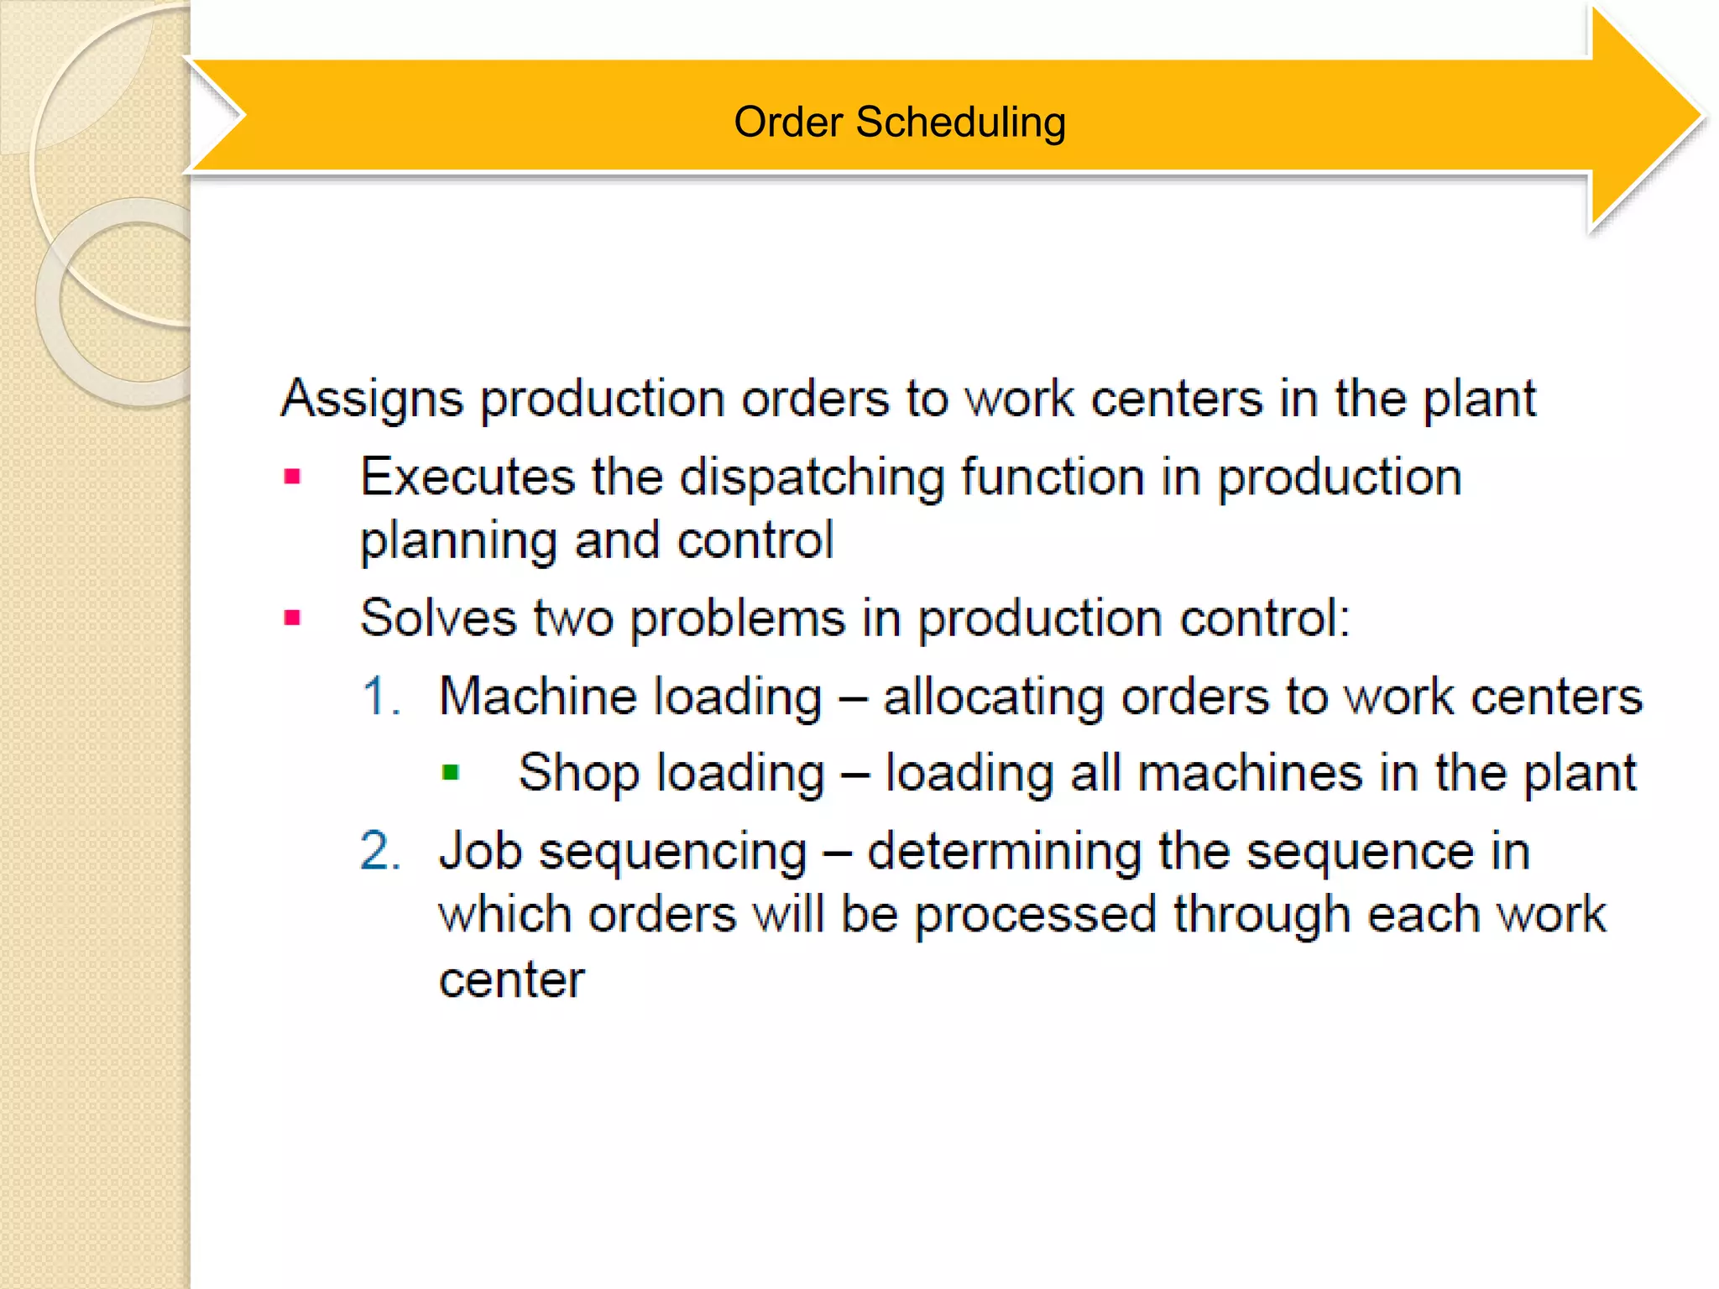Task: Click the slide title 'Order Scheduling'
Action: click(899, 122)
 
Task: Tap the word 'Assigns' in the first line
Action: click(372, 398)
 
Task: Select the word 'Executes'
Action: click(467, 477)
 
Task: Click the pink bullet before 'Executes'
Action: click(292, 478)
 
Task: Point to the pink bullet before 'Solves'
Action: click(292, 618)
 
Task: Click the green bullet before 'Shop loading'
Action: click(451, 772)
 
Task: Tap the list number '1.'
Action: click(380, 697)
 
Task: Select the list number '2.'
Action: click(380, 851)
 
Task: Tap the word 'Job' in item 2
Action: click(479, 851)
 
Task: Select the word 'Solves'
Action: click(437, 618)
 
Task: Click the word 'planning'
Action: click(458, 541)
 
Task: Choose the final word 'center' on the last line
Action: click(511, 979)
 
